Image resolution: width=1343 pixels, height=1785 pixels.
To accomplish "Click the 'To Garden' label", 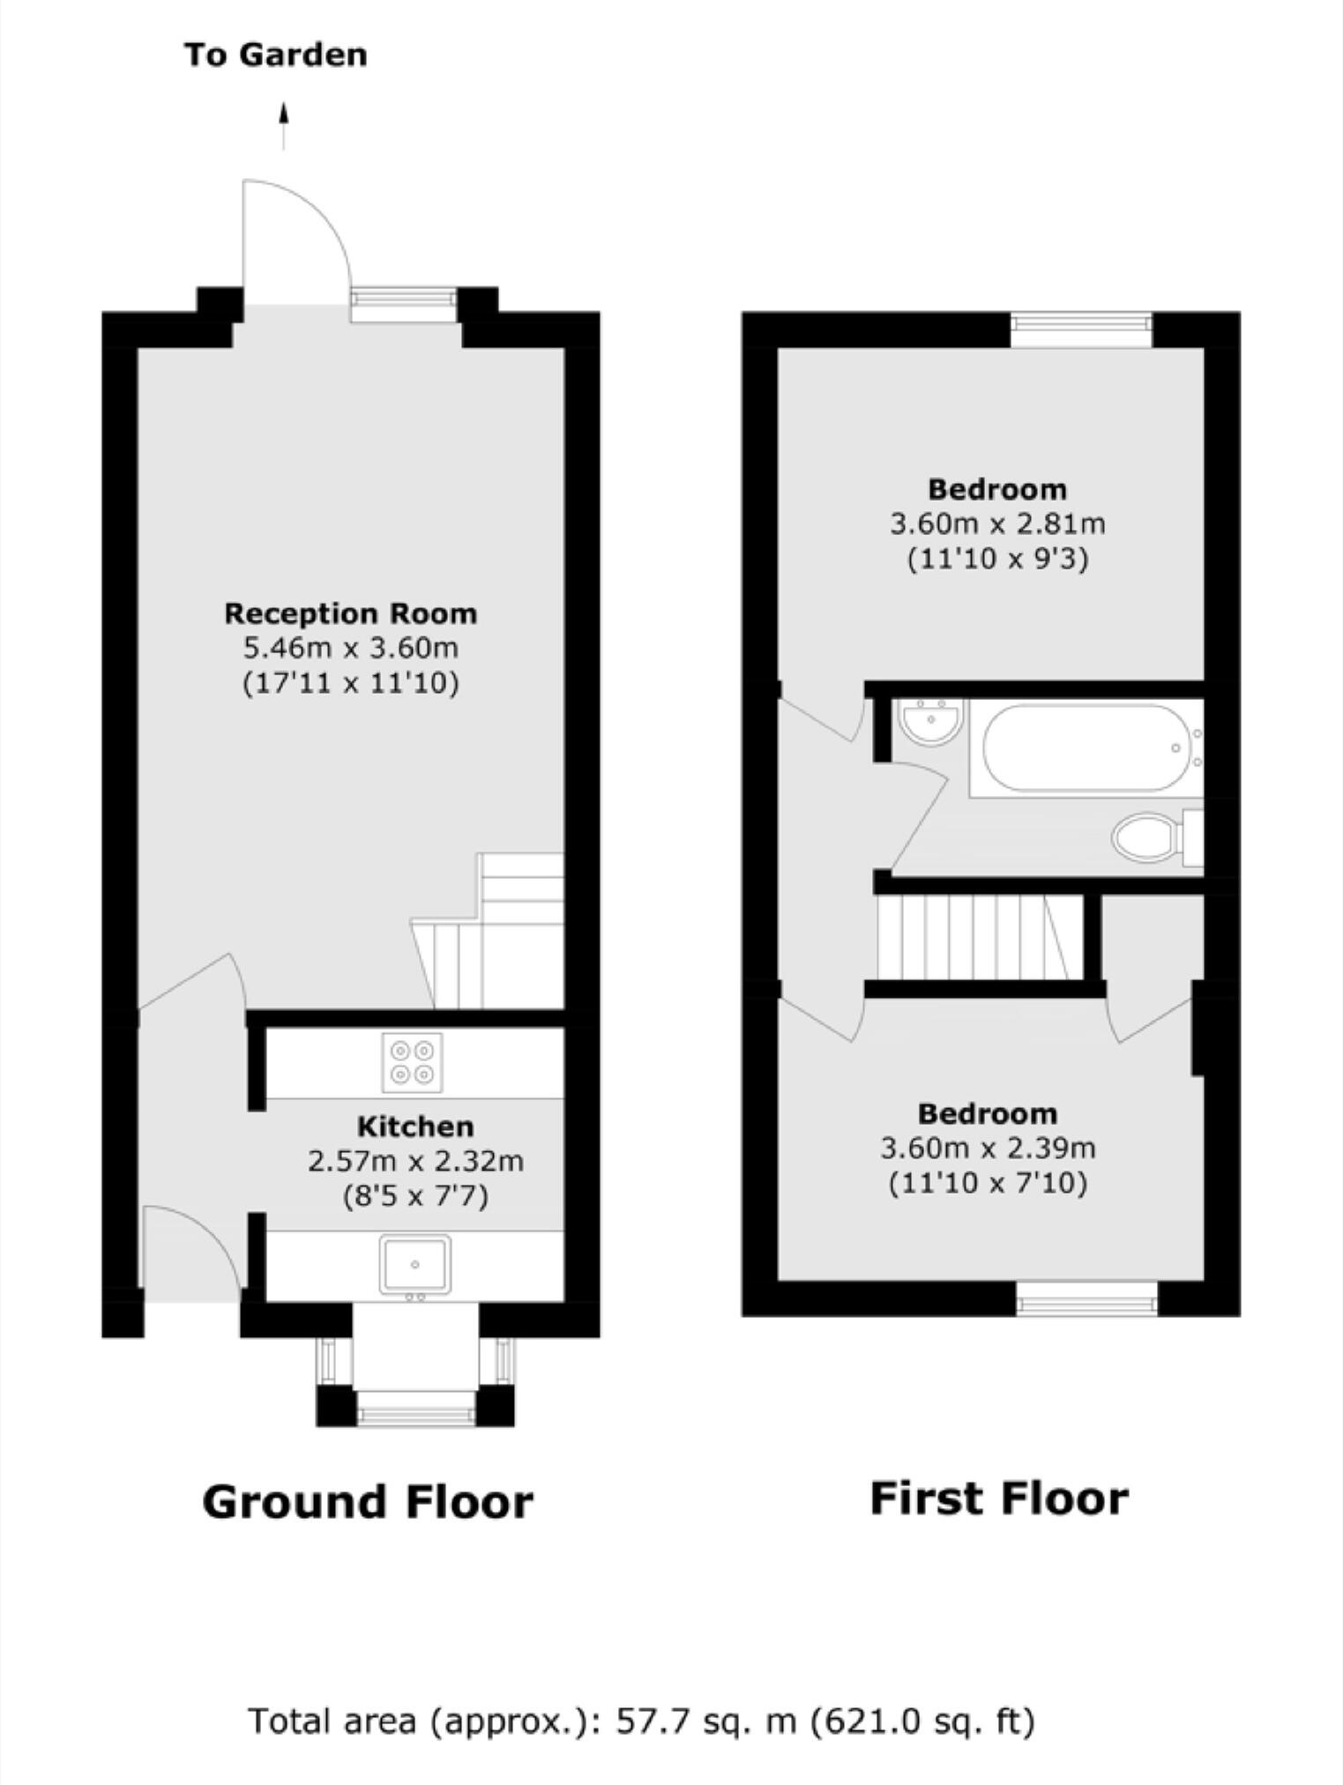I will click(x=275, y=55).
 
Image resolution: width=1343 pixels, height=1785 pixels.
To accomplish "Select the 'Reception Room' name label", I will click(x=350, y=614).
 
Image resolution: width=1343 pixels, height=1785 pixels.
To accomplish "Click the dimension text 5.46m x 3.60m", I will click(x=350, y=648).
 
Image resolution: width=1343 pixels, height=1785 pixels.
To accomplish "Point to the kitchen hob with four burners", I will click(x=412, y=1062).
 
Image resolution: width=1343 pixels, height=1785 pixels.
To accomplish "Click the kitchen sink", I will click(x=414, y=1264).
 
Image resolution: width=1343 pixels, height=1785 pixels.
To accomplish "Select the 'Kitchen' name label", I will click(x=414, y=1127).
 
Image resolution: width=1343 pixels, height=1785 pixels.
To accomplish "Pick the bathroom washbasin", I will click(x=931, y=720).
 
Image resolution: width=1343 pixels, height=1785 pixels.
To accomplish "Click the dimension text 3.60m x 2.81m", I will click(x=997, y=524).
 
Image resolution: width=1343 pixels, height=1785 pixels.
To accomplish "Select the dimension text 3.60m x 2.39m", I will click(x=988, y=1148).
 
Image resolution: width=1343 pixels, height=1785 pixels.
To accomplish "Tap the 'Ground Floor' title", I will click(x=368, y=1502).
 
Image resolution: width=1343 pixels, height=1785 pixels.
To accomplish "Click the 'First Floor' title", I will click(x=998, y=1499).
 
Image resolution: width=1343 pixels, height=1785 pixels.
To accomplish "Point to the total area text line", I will click(x=641, y=1721).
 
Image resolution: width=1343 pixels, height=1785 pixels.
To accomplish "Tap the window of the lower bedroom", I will click(x=1086, y=1298).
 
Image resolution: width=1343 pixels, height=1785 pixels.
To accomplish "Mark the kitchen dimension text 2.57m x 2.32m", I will click(x=414, y=1161).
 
